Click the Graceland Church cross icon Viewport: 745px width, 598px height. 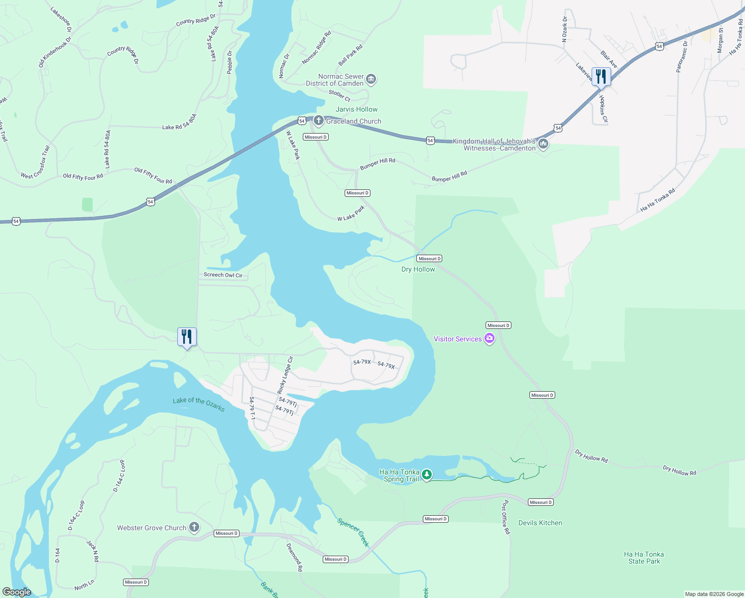pos(319,121)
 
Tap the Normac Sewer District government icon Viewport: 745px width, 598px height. pos(371,79)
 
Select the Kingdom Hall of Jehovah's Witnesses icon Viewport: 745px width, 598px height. pos(543,145)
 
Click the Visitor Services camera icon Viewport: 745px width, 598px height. pos(490,339)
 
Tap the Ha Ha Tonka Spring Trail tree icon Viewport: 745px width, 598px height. pos(427,475)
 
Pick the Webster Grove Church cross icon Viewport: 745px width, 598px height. pos(194,528)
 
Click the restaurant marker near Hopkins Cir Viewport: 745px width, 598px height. pos(601,77)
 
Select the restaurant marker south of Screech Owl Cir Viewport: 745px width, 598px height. pos(187,337)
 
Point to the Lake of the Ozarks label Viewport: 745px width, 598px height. pos(199,404)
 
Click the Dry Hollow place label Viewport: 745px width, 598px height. pos(418,269)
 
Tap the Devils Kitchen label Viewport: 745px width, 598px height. pos(540,523)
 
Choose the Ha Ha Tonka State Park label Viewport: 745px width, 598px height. pos(644,558)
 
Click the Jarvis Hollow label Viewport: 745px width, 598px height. pos(357,109)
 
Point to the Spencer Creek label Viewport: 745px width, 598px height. pos(353,532)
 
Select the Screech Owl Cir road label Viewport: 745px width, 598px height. pos(223,275)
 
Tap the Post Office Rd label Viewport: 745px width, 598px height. pos(506,517)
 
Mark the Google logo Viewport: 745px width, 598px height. pos(17,592)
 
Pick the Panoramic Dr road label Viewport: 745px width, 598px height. pos(682,57)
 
